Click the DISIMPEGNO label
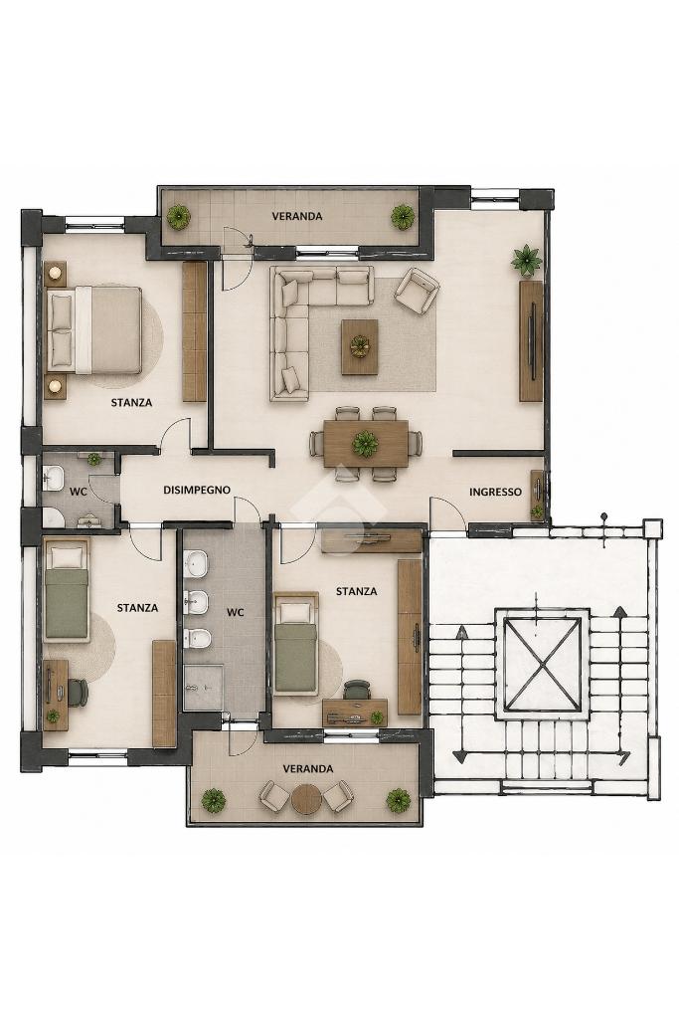point(197,490)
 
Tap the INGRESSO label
point(495,492)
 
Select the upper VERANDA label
point(297,216)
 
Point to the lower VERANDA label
point(308,768)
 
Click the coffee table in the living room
point(359,346)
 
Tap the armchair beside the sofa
point(417,290)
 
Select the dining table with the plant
point(367,444)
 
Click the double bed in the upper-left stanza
point(94,330)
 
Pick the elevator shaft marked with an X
point(542,664)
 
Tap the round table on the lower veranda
point(306,799)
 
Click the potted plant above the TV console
point(526,260)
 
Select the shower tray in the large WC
point(203,687)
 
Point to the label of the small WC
point(78,492)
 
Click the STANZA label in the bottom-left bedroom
point(137,608)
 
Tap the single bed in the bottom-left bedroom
point(67,590)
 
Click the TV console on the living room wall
point(531,341)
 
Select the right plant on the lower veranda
point(398,800)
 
